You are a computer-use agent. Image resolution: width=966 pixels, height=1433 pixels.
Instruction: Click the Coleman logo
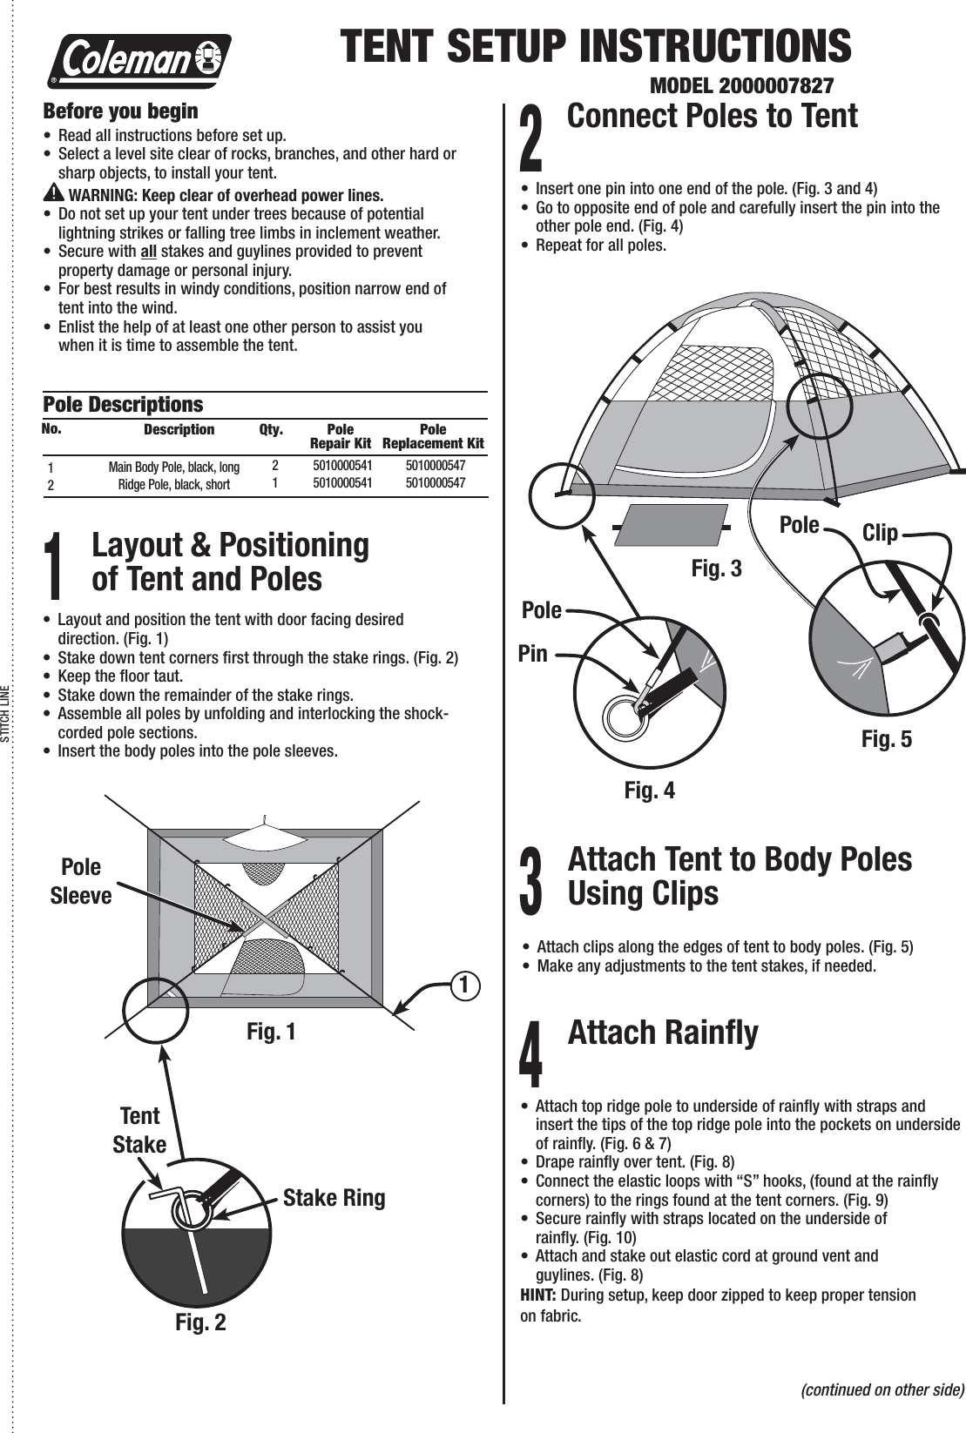[139, 61]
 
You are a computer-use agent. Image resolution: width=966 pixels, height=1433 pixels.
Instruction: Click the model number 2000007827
[742, 87]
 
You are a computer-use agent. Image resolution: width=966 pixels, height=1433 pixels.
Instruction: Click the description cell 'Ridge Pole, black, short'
[174, 484]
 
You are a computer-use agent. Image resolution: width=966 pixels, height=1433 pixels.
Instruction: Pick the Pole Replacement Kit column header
[433, 436]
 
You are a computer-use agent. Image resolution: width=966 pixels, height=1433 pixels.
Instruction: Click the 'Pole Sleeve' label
[81, 881]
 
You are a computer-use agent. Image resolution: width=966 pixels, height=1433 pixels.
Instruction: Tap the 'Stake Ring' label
[334, 1198]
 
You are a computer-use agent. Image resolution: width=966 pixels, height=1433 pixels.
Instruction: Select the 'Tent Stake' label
[139, 1130]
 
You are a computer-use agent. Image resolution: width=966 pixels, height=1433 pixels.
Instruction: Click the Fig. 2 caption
[200, 1322]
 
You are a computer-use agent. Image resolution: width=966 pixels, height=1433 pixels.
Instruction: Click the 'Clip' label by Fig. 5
[880, 533]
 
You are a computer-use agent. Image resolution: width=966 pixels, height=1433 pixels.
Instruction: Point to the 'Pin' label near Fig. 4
[533, 653]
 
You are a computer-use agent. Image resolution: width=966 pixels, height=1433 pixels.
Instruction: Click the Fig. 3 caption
[716, 568]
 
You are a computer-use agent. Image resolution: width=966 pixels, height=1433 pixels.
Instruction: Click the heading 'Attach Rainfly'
[662, 1033]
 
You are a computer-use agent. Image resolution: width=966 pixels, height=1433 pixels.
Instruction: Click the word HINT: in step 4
[539, 1295]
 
